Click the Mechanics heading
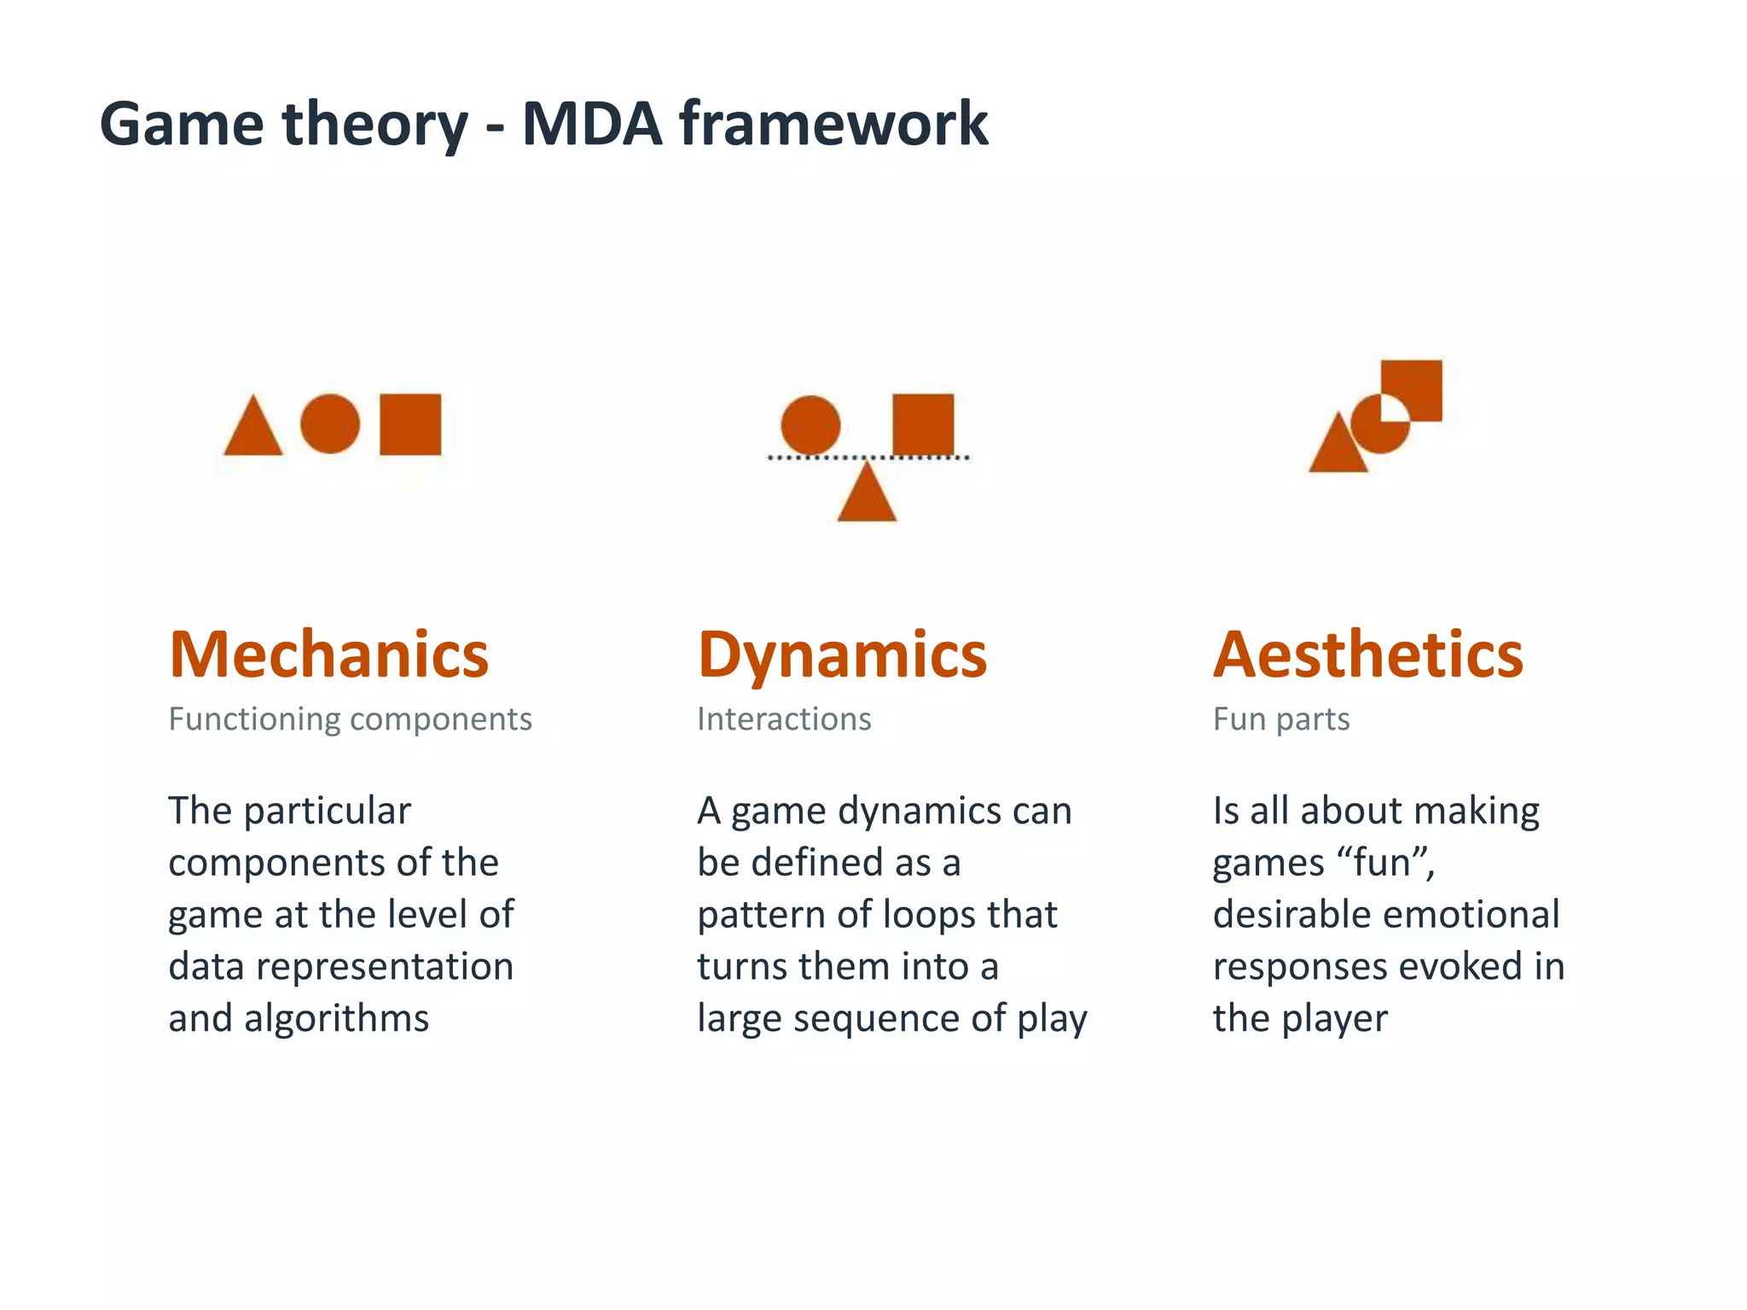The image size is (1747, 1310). (x=328, y=655)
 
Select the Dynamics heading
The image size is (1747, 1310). (x=842, y=655)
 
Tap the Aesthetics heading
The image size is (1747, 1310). (x=1367, y=655)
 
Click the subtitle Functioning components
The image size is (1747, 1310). (x=350, y=719)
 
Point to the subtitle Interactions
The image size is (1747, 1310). (x=784, y=719)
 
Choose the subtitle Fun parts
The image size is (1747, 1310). (x=1281, y=719)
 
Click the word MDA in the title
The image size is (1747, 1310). (x=592, y=125)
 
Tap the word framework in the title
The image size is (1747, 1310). (x=833, y=125)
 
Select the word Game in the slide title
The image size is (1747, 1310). (x=182, y=125)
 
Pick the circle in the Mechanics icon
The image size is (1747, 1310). (x=330, y=423)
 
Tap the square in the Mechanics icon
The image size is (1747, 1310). (x=410, y=424)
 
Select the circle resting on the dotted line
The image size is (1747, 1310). (x=810, y=425)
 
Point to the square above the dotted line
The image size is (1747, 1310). (x=923, y=424)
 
